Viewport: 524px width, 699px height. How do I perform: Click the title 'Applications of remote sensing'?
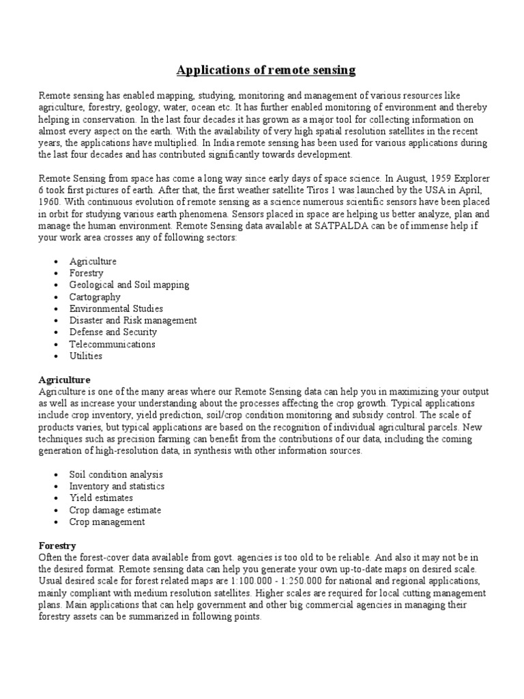(266, 70)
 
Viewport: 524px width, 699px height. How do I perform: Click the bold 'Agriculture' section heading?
(64, 379)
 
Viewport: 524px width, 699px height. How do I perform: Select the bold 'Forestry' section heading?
(57, 545)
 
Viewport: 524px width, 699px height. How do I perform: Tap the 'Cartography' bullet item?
(95, 297)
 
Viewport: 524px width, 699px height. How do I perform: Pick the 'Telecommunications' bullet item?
(112, 344)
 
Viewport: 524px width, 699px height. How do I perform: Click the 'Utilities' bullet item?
(86, 356)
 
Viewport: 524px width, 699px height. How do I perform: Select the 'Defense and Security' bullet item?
(113, 332)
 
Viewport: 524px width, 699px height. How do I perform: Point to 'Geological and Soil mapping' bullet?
(129, 285)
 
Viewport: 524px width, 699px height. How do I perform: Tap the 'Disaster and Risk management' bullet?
(133, 320)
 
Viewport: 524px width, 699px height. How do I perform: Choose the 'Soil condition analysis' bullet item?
(116, 474)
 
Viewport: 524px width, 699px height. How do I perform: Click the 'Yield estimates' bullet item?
(102, 498)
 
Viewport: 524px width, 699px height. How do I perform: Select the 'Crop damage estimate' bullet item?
(115, 510)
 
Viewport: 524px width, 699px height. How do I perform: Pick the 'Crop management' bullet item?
(107, 522)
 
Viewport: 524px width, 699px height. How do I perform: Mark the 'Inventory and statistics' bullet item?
(117, 486)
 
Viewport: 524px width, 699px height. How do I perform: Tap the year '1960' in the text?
(50, 202)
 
